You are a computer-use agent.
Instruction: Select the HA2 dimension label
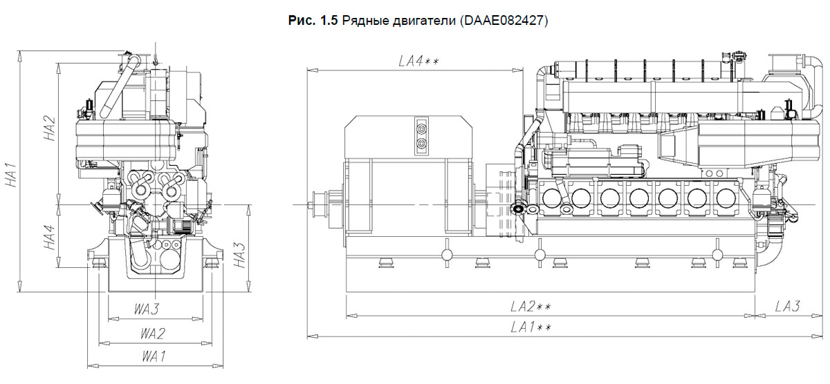point(49,128)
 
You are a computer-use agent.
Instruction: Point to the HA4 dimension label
point(49,237)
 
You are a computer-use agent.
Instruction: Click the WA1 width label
point(153,356)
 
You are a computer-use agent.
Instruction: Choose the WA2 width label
point(153,334)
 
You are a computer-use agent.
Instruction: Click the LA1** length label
point(531,327)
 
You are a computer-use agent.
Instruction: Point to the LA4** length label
point(418,61)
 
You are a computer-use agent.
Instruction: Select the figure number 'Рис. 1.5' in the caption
point(313,21)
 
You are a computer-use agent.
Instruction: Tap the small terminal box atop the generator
point(421,134)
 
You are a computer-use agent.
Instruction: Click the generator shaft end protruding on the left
point(320,204)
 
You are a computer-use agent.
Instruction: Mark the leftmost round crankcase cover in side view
point(551,198)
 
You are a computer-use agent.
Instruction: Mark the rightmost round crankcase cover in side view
point(725,198)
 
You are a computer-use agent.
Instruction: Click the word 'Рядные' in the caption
point(362,21)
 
